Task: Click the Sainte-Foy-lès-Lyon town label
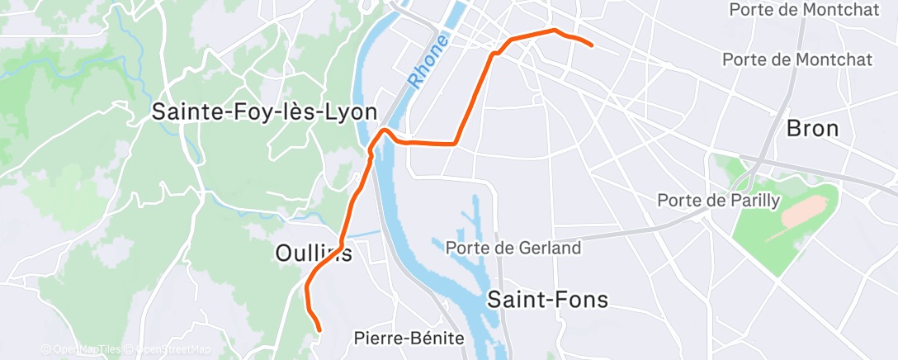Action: click(x=264, y=112)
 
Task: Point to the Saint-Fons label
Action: click(x=547, y=299)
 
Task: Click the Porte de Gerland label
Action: click(x=513, y=247)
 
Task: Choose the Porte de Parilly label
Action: click(x=717, y=200)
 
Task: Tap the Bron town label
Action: click(x=812, y=128)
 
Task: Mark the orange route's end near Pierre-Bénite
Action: click(x=318, y=329)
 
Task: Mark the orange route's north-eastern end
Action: click(x=592, y=44)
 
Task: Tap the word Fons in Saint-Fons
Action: click(x=582, y=299)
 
